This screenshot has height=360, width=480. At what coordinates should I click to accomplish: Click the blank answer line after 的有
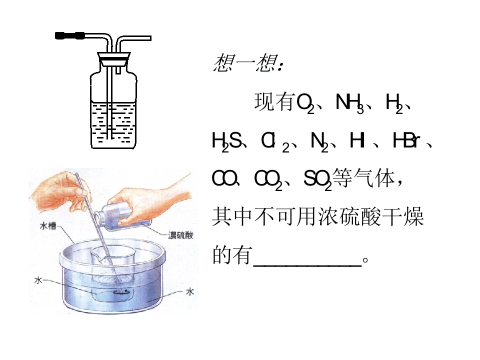307,265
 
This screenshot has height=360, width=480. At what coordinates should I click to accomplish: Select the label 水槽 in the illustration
48,225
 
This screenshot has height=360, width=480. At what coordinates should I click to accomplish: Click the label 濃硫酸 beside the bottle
180,235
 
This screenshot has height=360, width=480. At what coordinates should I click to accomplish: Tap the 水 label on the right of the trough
190,291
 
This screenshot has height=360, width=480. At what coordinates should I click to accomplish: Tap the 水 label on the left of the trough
38,280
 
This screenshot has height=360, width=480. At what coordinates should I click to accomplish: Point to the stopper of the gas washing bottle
114,59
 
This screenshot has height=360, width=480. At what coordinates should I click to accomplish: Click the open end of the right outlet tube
150,38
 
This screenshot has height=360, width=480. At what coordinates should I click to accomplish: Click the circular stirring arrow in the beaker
121,292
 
